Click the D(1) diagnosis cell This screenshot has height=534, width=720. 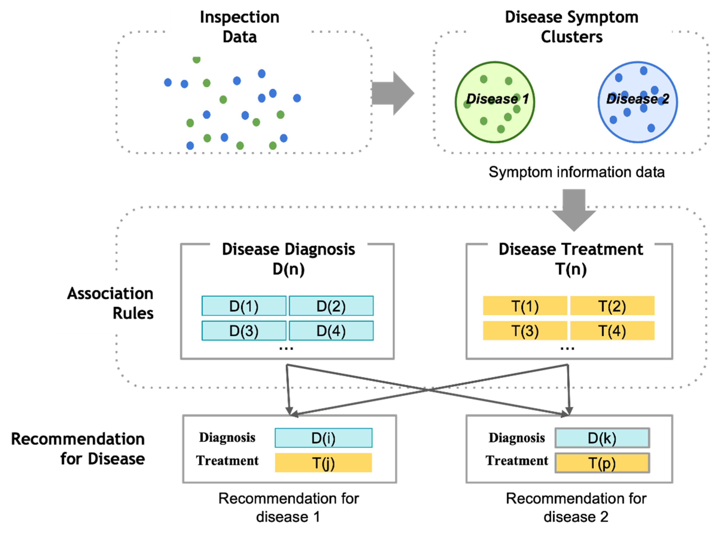coord(244,306)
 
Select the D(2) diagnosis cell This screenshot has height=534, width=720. coord(331,306)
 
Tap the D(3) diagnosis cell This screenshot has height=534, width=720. coord(244,331)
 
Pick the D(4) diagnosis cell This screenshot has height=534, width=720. coord(331,331)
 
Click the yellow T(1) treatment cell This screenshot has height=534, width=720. coord(525,306)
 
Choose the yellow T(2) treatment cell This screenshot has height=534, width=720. coord(612,306)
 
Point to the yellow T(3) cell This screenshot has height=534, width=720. coord(525,331)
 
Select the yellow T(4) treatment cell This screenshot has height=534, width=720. coord(612,331)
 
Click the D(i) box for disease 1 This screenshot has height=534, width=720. coord(323,438)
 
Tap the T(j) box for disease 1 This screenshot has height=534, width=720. coord(323,463)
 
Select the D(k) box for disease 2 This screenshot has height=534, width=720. coord(602,438)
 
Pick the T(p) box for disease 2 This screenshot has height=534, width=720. coord(602,463)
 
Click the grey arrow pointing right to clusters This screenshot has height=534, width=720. coord(393,93)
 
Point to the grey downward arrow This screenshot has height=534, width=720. coord(574,210)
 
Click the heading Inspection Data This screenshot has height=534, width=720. coord(240,27)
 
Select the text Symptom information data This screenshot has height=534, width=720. coord(577,172)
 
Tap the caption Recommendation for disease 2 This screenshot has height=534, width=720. coord(576,508)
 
